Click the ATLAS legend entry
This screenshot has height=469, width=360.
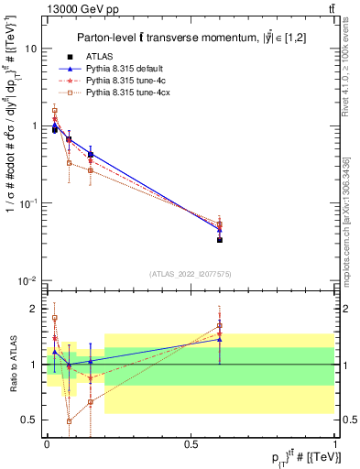point(97,57)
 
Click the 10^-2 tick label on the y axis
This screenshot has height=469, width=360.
point(27,280)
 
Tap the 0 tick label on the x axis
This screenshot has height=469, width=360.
point(45,443)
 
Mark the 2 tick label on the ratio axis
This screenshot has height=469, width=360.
point(33,309)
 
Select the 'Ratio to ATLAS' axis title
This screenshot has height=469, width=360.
point(12,364)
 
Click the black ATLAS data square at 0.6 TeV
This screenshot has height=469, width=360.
point(220,240)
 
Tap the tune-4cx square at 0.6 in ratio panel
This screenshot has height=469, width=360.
point(220,325)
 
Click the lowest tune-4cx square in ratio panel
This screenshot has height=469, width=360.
point(70,421)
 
